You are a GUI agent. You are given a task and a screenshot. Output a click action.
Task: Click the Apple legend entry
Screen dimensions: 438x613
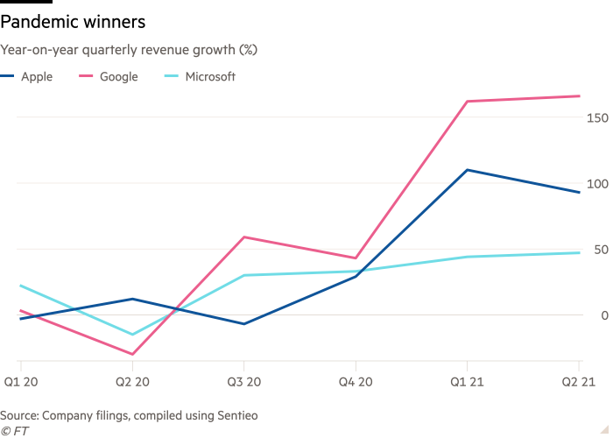click(x=36, y=77)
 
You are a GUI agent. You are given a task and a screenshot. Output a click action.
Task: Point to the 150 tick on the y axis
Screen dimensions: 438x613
click(x=597, y=117)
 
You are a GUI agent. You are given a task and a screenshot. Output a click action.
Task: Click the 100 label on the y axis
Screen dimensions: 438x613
click(x=597, y=184)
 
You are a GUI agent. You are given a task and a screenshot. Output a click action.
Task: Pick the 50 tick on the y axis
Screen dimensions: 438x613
click(x=600, y=250)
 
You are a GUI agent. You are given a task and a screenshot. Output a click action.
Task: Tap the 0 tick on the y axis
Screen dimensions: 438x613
click(x=603, y=315)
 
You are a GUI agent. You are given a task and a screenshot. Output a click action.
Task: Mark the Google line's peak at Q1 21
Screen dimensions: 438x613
click(x=467, y=102)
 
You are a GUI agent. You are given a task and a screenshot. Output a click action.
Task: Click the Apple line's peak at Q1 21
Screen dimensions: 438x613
click(x=467, y=170)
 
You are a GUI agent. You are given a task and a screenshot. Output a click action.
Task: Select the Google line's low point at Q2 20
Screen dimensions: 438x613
click(x=132, y=355)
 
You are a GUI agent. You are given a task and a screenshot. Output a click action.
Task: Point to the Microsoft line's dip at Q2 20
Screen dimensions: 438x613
click(x=132, y=335)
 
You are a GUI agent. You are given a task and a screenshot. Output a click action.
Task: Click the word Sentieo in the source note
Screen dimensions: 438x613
click(x=236, y=414)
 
